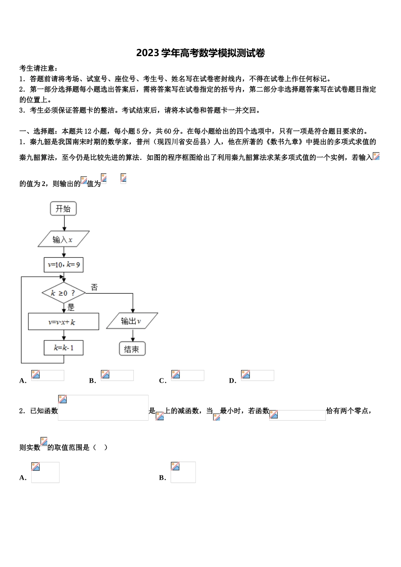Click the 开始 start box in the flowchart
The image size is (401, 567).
tap(63, 208)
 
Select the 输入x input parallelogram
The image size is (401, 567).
tap(63, 239)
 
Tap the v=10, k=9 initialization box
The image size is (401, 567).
tap(64, 265)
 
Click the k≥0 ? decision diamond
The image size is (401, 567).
tap(63, 293)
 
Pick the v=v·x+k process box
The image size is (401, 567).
tap(63, 322)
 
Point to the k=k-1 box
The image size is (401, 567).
tap(64, 348)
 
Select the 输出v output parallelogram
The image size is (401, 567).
tap(132, 321)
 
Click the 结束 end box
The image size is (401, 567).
tap(132, 349)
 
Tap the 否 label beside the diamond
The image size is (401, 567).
tap(94, 288)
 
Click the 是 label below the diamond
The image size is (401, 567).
tap(71, 308)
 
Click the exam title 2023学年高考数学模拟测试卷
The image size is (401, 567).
tap(200, 53)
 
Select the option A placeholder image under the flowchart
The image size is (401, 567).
tap(48, 375)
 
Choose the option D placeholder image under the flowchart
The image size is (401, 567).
tap(257, 375)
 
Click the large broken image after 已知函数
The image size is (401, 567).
tap(103, 408)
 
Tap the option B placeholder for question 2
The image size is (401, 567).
tap(183, 472)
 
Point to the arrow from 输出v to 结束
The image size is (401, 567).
tap(133, 335)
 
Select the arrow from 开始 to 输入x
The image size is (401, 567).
tap(63, 223)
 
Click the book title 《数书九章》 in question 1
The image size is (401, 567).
tap(284, 142)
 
